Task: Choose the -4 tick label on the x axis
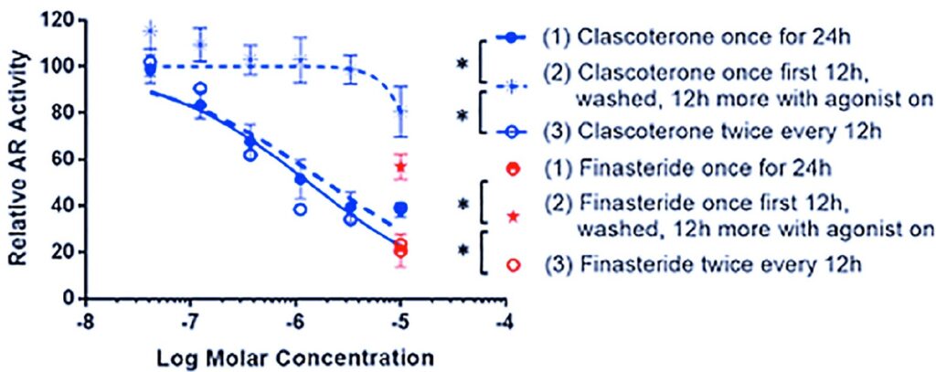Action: pyautogui.click(x=504, y=323)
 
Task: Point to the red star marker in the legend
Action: pyautogui.click(x=514, y=216)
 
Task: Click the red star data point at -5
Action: pyautogui.click(x=399, y=166)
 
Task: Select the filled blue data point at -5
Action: pyautogui.click(x=400, y=209)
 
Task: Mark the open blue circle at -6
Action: pyautogui.click(x=297, y=209)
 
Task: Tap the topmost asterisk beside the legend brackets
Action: pyautogui.click(x=464, y=64)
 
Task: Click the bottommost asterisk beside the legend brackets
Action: pyautogui.click(x=464, y=249)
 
